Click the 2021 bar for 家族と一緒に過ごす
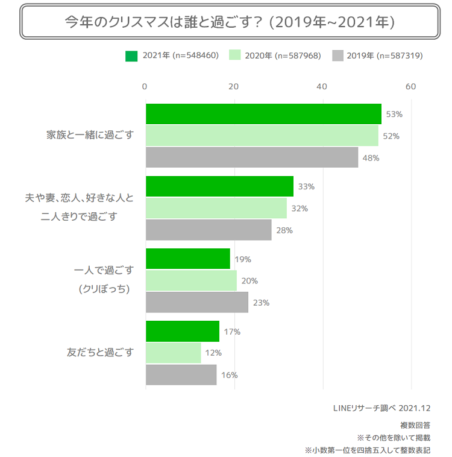[x=263, y=114]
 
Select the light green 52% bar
[x=262, y=136]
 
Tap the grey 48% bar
[x=252, y=157]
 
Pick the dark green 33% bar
[x=219, y=186]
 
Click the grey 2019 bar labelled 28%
[x=209, y=230]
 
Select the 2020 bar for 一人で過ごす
[x=191, y=280]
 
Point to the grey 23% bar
[x=197, y=302]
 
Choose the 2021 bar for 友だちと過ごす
[x=183, y=331]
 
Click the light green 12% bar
[x=173, y=353]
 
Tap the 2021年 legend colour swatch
[x=131, y=56]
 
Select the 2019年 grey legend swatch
[x=337, y=56]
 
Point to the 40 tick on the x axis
[x=322, y=87]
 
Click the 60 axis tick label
[x=411, y=87]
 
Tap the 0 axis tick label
[x=145, y=87]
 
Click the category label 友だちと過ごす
[x=100, y=352]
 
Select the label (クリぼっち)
[x=104, y=289]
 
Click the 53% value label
[x=394, y=114]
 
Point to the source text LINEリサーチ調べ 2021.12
[x=381, y=408]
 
